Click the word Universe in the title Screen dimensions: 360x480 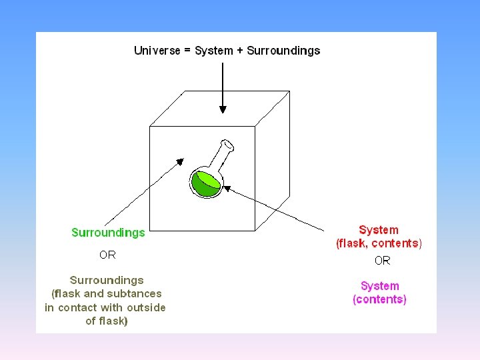click(157, 51)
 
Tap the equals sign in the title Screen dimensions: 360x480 click(187, 51)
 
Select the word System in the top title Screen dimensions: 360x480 click(214, 51)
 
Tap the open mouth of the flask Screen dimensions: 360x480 click(228, 143)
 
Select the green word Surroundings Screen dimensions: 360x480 click(108, 233)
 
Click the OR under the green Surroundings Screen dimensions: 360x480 click(107, 255)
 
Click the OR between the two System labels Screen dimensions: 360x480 click(382, 260)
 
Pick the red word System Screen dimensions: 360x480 click(379, 230)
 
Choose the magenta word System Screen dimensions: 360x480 click(379, 286)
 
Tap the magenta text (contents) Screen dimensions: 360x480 click(379, 299)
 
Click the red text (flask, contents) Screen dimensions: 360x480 click(379, 243)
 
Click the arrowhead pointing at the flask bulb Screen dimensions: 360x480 click(227, 189)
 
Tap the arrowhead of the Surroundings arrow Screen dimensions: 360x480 click(179, 161)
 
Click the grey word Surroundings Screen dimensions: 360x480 click(107, 280)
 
